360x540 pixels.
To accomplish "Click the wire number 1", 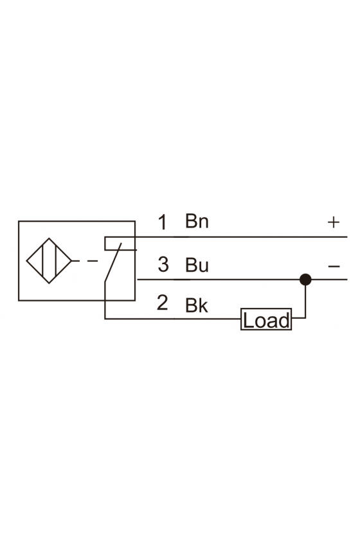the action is [163, 222].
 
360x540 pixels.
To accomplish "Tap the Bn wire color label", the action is [197, 221].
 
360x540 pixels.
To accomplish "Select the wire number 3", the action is [163, 264].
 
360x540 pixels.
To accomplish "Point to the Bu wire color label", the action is [197, 265].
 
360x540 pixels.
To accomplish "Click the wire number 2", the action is [162, 302].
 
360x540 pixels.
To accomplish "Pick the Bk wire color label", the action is [197, 305].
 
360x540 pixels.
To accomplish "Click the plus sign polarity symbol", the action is [334, 222].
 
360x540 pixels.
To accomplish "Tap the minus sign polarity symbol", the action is [334, 266].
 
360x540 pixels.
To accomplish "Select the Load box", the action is [266, 319].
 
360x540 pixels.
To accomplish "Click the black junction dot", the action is [305, 279].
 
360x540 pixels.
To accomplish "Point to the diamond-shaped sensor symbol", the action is [49, 261].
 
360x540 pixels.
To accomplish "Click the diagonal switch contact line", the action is [113, 262].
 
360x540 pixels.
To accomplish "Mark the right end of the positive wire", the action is [347, 237].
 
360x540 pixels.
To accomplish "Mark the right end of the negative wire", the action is [347, 279].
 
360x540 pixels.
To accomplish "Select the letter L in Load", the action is [248, 320].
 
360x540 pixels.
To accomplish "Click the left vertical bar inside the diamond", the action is [42, 261].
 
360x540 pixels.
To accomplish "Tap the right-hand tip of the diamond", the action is [71, 261].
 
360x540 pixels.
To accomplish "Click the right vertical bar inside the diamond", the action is [55, 261].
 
